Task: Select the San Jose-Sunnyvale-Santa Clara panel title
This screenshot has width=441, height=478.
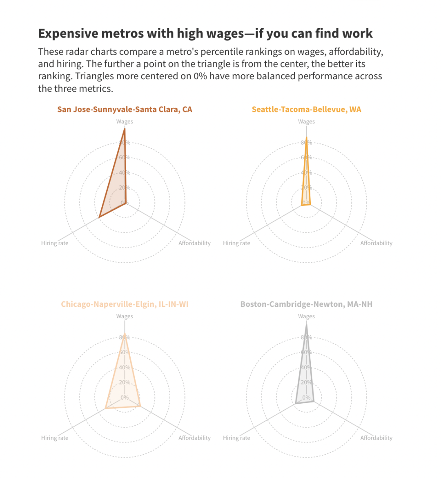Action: tap(125, 109)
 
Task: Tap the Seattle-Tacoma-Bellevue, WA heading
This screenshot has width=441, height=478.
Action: tap(306, 109)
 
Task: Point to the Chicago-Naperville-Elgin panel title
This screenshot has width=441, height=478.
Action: tap(125, 304)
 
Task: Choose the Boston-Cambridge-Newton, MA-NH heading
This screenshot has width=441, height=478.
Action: tap(306, 304)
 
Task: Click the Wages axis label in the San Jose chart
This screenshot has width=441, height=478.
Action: tap(125, 122)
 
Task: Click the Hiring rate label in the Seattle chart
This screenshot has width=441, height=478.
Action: tap(236, 243)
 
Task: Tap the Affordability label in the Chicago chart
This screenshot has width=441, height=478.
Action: tap(194, 438)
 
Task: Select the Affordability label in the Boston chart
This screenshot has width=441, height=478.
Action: tap(376, 438)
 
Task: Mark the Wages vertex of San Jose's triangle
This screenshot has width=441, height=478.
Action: tap(125, 129)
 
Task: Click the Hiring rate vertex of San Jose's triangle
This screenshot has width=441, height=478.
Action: tap(99, 217)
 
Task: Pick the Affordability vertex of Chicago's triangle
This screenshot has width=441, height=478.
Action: tap(140, 406)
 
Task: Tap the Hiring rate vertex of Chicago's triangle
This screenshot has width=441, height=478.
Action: tap(106, 408)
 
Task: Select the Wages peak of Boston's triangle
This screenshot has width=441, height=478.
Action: tap(306, 325)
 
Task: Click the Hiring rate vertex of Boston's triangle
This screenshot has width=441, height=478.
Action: tap(295, 404)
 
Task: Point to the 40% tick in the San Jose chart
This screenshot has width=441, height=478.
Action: tap(125, 173)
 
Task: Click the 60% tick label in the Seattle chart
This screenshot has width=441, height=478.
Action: tap(307, 158)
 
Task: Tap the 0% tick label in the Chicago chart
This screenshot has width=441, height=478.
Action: tap(125, 398)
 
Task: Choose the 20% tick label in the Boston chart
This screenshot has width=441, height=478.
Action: tap(306, 382)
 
